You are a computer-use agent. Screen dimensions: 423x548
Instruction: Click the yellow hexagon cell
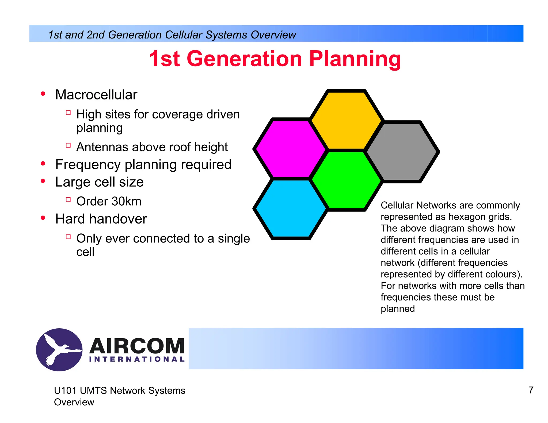coord(346,120)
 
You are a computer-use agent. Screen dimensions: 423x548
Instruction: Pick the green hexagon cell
coord(346,180)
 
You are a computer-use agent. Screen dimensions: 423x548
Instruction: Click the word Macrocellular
coord(96,95)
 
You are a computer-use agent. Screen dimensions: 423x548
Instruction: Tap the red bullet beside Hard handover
coord(43,218)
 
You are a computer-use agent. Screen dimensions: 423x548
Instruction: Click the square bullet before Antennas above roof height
coord(68,145)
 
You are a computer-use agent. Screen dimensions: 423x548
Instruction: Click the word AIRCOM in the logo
coord(137,346)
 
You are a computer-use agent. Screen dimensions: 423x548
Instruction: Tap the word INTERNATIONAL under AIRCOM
coord(137,359)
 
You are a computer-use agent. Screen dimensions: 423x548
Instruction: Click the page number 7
coord(531,390)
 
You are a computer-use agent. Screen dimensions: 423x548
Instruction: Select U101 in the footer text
coord(65,391)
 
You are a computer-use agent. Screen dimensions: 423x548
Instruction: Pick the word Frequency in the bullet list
coord(88,164)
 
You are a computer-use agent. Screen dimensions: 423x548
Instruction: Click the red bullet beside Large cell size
coord(43,181)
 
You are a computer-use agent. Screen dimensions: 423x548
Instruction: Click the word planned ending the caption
coord(398,309)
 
